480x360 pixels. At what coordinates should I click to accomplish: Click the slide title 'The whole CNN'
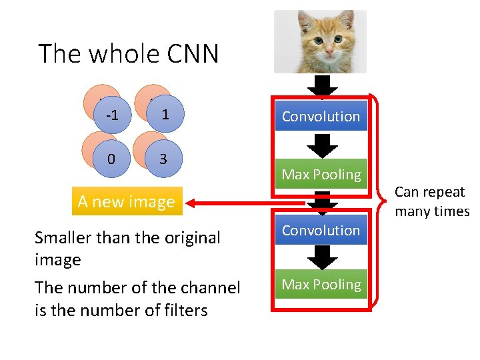[128, 53]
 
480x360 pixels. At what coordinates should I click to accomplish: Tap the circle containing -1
[112, 115]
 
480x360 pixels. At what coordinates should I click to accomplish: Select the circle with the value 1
[165, 114]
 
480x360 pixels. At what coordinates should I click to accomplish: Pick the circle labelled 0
[111, 159]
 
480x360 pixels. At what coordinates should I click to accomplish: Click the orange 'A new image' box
[126, 201]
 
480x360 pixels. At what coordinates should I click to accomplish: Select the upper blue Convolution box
[321, 116]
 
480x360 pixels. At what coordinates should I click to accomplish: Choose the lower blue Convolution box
[321, 230]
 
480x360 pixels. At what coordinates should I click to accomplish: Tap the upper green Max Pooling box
[321, 175]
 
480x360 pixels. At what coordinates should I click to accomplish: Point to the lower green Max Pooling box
[321, 285]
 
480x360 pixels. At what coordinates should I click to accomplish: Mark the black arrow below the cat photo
[323, 86]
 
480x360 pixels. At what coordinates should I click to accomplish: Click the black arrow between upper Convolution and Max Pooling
[323, 145]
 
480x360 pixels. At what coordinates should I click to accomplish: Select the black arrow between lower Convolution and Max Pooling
[323, 257]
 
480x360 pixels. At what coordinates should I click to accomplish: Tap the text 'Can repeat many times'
[431, 201]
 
